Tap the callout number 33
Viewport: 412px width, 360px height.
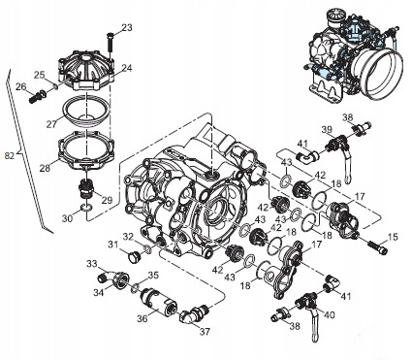pyautogui.click(x=91, y=264)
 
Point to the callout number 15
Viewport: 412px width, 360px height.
pyautogui.click(x=394, y=237)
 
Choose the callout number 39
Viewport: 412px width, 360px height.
pyautogui.click(x=328, y=129)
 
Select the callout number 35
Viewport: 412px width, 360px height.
pyautogui.click(x=153, y=275)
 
